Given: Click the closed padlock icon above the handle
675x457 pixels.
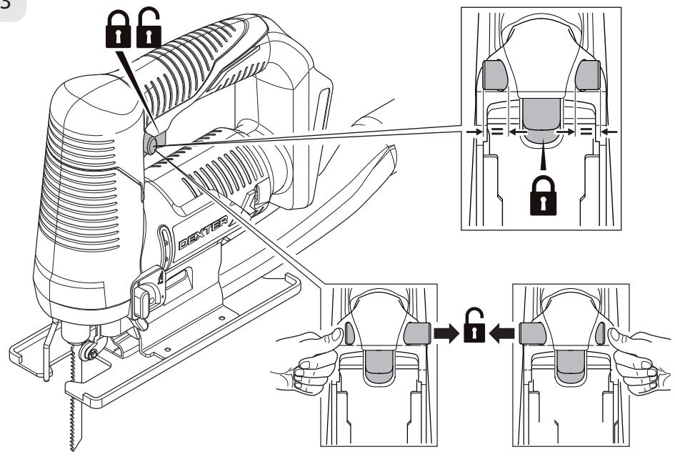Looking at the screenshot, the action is click(118, 29).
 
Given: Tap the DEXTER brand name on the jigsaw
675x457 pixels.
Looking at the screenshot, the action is click(203, 232).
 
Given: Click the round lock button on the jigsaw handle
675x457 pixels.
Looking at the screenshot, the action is click(151, 144).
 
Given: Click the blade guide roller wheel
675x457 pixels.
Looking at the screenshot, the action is click(91, 352).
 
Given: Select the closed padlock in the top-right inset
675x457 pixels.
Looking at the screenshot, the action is click(543, 195).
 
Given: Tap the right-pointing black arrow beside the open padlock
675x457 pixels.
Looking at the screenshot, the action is click(446, 333).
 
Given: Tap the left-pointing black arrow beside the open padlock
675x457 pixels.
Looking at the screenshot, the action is click(502, 333).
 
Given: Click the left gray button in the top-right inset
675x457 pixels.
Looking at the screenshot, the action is click(494, 75).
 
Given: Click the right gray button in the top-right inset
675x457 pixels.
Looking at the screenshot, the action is click(588, 75).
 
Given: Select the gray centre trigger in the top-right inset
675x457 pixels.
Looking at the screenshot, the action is click(541, 120).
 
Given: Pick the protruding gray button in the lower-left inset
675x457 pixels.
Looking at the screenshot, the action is click(417, 333).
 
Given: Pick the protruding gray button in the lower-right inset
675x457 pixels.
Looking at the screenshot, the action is click(533, 333).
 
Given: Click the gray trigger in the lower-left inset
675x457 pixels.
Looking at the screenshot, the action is click(379, 365).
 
